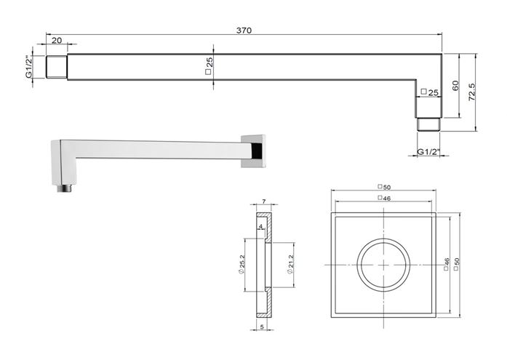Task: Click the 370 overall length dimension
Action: (244, 31)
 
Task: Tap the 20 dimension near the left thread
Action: (57, 41)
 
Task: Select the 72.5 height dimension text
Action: (472, 92)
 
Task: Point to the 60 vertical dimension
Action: (455, 86)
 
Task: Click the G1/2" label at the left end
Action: (29, 67)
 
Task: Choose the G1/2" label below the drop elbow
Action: (428, 151)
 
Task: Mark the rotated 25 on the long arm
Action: (209, 66)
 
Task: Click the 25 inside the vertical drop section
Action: (430, 92)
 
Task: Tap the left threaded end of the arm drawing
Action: (57, 67)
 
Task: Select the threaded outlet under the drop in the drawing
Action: (428, 124)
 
